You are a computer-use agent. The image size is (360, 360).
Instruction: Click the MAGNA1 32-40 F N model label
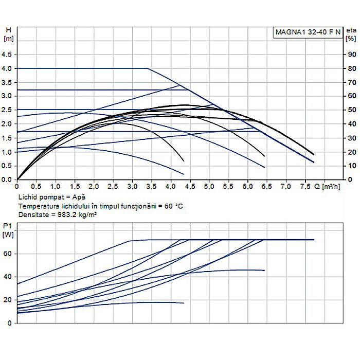307,32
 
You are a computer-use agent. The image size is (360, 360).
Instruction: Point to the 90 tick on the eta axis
351,55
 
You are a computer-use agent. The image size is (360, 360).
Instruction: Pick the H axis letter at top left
7,29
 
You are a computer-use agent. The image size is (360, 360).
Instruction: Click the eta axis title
351,29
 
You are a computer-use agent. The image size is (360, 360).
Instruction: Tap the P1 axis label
7,227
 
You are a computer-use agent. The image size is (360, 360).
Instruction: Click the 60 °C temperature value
172,206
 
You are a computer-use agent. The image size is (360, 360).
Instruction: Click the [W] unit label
8,235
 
